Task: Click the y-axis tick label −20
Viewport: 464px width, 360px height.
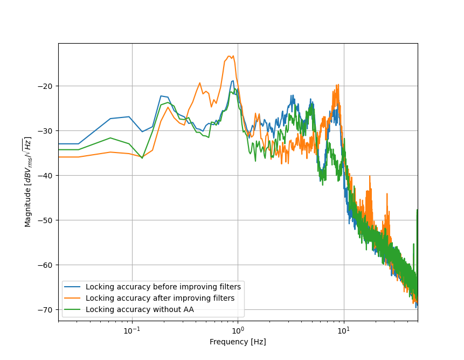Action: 47,86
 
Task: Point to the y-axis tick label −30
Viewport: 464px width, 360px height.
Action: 47,131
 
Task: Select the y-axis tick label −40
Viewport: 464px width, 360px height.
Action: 47,176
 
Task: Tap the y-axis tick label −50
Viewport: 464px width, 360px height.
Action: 47,220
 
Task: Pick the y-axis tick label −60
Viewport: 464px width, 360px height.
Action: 47,265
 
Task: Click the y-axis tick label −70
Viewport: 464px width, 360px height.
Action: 47,310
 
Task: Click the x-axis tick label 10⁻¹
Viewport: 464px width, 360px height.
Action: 132,330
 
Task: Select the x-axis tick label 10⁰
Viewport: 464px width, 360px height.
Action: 238,330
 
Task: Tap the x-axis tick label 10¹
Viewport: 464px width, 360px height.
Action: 344,330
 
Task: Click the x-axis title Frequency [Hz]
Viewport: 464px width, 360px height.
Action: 238,342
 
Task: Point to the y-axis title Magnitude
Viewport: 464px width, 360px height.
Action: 28,182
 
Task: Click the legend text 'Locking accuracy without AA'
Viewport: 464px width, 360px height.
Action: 140,309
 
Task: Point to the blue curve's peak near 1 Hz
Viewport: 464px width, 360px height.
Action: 232,81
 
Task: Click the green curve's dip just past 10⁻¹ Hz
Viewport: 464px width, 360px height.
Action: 142,158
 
